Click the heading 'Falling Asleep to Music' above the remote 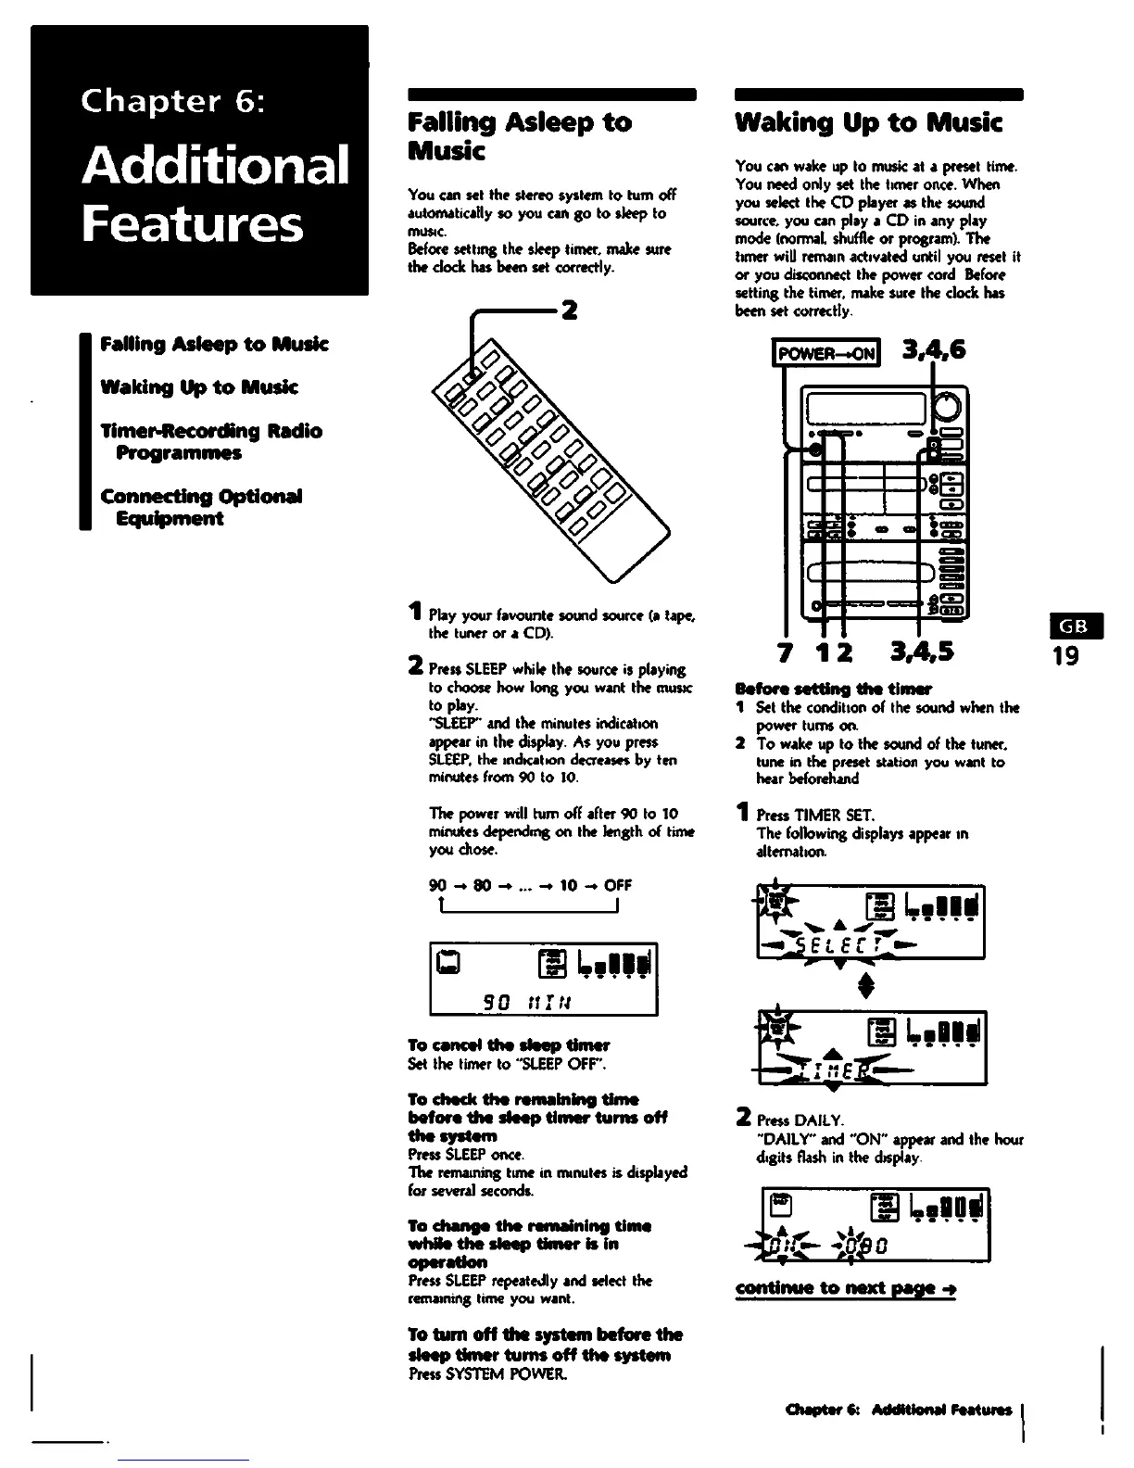pyautogui.click(x=520, y=136)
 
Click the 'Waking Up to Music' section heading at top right pyautogui.click(x=868, y=122)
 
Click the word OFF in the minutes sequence pyautogui.click(x=619, y=884)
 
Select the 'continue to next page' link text pyautogui.click(x=845, y=1288)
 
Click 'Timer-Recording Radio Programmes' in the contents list pyautogui.click(x=211, y=442)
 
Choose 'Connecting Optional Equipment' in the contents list pyautogui.click(x=202, y=507)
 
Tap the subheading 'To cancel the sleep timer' pyautogui.click(x=509, y=1044)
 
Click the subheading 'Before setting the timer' pyautogui.click(x=833, y=689)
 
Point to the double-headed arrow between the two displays pyautogui.click(x=866, y=985)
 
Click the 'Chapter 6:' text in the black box pyautogui.click(x=173, y=100)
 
